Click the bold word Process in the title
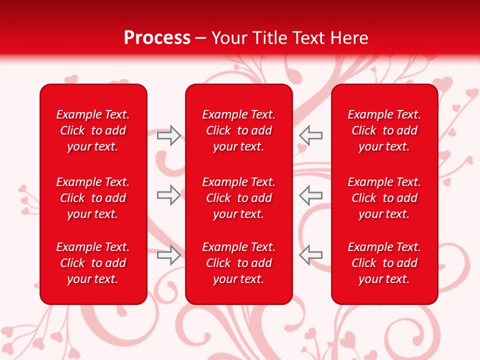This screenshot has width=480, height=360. (157, 38)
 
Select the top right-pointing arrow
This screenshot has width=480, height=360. (169, 135)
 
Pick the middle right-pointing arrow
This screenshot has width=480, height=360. (169, 195)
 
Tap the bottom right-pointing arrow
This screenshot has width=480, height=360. (169, 255)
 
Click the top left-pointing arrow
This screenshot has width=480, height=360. (310, 135)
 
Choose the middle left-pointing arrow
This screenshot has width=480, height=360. (310, 195)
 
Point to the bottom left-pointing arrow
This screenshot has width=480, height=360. (310, 255)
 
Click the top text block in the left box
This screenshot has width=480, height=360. (93, 130)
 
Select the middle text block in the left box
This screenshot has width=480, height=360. (93, 198)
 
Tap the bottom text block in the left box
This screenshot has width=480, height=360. (93, 263)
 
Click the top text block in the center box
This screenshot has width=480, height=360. (238, 130)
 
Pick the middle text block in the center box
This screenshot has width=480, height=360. (238, 198)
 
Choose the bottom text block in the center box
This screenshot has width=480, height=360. (238, 263)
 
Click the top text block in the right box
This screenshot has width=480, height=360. (384, 130)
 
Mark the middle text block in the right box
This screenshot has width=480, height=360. (384, 198)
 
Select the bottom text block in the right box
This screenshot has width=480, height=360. (384, 263)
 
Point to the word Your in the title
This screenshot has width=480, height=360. (229, 38)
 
